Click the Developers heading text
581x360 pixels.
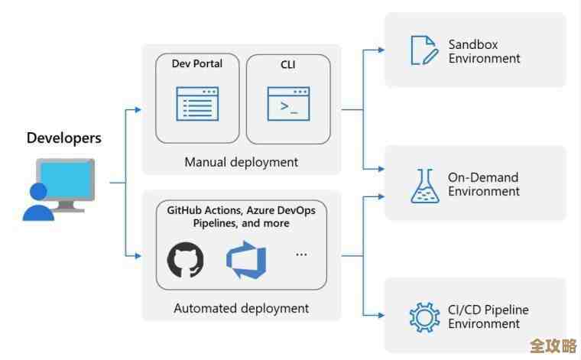point(63,138)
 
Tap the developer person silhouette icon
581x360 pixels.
point(37,203)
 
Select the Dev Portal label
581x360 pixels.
point(197,64)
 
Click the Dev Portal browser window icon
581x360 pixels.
point(197,103)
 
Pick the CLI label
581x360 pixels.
point(287,64)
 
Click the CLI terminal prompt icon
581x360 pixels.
point(287,103)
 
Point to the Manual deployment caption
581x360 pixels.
point(241,162)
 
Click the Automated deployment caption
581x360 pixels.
point(241,308)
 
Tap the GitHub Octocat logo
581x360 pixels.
point(186,261)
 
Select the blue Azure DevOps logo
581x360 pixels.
point(246,261)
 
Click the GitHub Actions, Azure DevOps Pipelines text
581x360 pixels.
point(241,216)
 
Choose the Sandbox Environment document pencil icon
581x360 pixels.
point(423,50)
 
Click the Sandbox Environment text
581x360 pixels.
point(484,51)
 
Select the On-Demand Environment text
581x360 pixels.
point(484,184)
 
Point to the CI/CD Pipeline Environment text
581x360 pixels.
point(488,316)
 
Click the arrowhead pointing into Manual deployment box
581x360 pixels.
point(138,110)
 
